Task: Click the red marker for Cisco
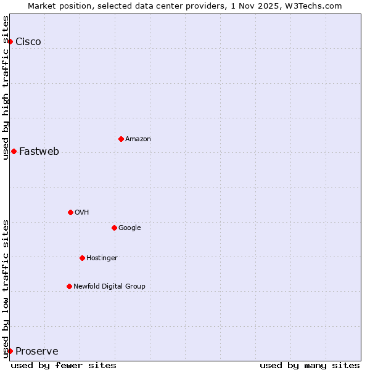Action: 10,41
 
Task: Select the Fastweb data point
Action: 14,151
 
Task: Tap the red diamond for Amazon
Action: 121,139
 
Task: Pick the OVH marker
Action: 70,212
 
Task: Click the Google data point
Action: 114,228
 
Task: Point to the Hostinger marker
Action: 82,258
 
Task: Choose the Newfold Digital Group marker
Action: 69,286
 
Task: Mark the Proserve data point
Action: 10,351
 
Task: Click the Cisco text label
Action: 28,42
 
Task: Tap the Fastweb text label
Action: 39,152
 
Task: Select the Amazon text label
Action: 138,139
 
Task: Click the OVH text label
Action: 82,213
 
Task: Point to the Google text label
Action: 129,228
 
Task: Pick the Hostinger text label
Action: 102,258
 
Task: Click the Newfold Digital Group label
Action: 109,287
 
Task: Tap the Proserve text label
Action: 37,351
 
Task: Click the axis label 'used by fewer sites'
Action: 64,365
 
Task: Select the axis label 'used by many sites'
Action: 310,365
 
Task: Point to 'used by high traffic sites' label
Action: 6,87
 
